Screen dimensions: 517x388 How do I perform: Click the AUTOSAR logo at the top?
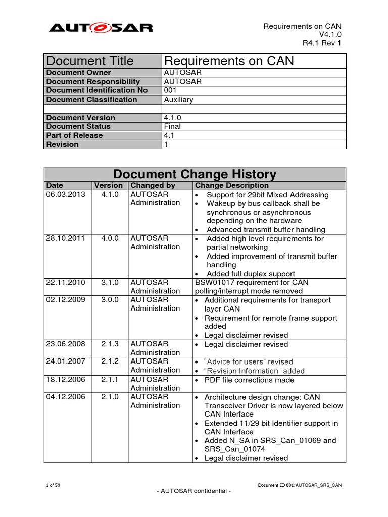click(101, 27)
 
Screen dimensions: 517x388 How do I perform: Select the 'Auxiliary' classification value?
click(179, 100)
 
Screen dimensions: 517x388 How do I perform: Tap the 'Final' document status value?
click(173, 126)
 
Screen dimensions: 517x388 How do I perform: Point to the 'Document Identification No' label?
click(97, 90)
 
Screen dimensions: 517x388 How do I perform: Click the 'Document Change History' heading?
click(195, 174)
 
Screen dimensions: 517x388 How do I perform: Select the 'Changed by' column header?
click(153, 186)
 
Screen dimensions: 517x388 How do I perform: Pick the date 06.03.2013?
click(66, 195)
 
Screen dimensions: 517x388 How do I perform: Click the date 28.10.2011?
click(66, 238)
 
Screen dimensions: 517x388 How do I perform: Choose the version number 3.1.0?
click(110, 282)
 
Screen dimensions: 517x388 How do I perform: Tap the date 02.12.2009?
click(66, 300)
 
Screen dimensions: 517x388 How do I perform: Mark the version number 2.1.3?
click(110, 344)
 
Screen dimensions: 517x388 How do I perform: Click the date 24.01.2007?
click(66, 361)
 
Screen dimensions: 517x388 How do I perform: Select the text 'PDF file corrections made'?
click(249, 380)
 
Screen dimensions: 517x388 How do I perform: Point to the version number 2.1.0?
click(110, 397)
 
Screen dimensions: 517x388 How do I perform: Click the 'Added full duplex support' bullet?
click(251, 274)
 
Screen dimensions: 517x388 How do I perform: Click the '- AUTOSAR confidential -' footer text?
click(194, 492)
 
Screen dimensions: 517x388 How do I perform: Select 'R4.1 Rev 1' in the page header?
click(322, 43)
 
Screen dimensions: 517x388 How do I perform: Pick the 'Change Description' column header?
click(232, 186)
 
